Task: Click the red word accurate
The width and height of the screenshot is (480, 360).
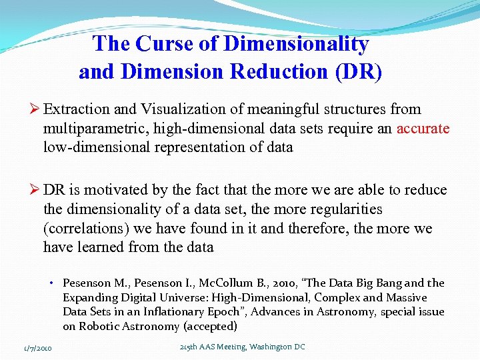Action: [x=423, y=128]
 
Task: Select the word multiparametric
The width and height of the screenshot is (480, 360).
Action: [x=87, y=128]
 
